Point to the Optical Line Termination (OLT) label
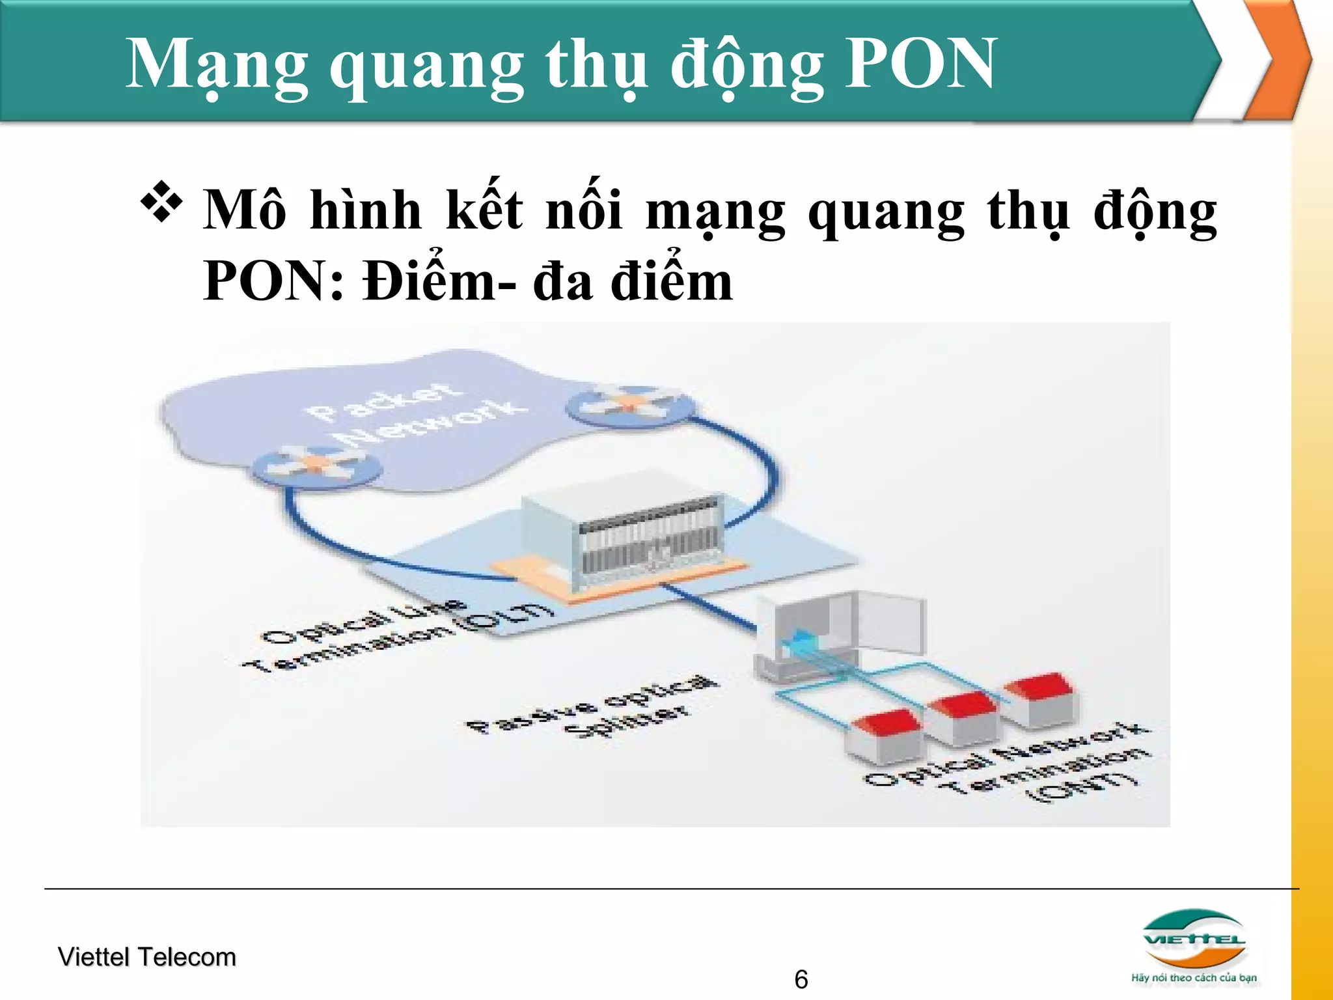(397, 634)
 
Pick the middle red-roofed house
(961, 716)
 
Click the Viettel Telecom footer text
(147, 957)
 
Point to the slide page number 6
(801, 979)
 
